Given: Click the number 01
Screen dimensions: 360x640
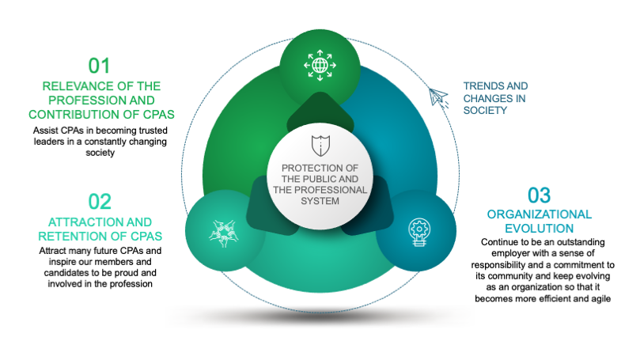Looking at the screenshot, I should [x=100, y=65].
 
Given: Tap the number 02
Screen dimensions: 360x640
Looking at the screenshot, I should [x=100, y=201].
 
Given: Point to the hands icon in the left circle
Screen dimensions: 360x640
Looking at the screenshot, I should [x=223, y=230].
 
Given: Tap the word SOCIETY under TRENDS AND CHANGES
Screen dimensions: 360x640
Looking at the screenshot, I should [x=485, y=111].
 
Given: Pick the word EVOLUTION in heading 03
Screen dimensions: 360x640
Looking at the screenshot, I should [x=539, y=228].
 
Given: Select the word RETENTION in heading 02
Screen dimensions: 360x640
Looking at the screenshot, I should [x=73, y=236].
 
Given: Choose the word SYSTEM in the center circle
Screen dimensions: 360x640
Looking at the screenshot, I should [x=320, y=201].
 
